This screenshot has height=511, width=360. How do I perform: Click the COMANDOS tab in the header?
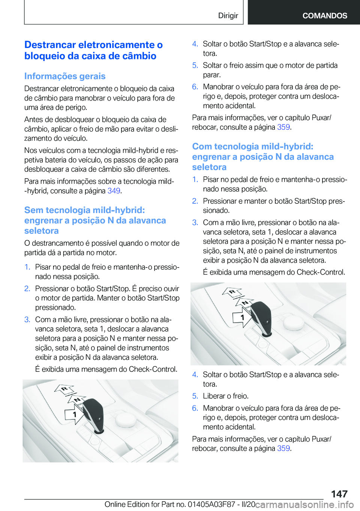pyautogui.click(x=325, y=16)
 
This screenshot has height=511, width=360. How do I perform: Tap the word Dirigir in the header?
pyautogui.click(x=228, y=16)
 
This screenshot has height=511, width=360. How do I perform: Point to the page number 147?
pyautogui.click(x=339, y=494)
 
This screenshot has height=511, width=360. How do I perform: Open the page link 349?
pyautogui.click(x=114, y=191)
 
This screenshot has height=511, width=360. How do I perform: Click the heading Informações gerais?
pyautogui.click(x=65, y=76)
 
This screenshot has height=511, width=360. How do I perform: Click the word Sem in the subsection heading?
pyautogui.click(x=34, y=210)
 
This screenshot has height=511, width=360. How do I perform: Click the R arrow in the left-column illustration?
pyautogui.click(x=64, y=389)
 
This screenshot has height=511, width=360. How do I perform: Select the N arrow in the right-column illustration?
pyautogui.click(x=244, y=303)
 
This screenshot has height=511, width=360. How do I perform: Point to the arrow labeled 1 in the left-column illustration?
pyautogui.click(x=74, y=415)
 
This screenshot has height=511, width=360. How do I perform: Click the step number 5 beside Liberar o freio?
pyautogui.click(x=195, y=396)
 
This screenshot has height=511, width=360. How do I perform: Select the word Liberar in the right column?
pyautogui.click(x=215, y=396)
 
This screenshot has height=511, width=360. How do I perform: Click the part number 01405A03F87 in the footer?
pyautogui.click(x=210, y=504)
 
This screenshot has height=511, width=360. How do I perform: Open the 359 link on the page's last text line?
pyautogui.click(x=283, y=448)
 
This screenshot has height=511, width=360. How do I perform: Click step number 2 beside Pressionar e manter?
pyautogui.click(x=195, y=201)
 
